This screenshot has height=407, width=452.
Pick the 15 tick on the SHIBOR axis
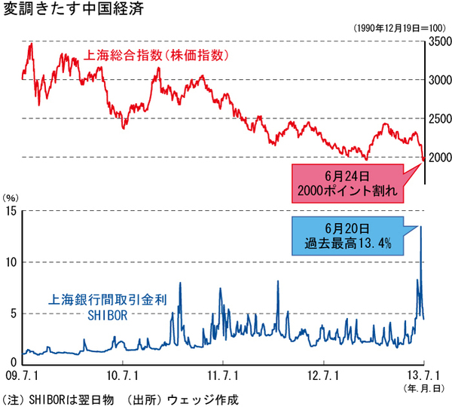[x=9, y=210]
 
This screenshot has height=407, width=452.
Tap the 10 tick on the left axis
[x=9, y=262]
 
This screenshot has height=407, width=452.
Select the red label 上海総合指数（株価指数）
[x=154, y=55]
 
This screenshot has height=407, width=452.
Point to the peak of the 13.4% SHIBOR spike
[x=420, y=226]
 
